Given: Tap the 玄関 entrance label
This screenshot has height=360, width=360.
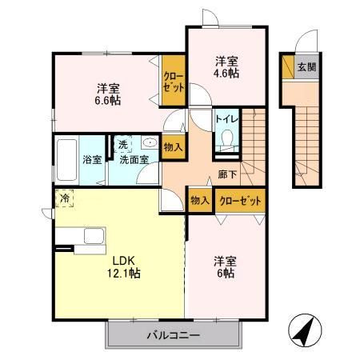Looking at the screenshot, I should pyautogui.click(x=306, y=67).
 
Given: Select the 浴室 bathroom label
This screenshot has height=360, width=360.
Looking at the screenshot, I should pyautogui.click(x=92, y=159).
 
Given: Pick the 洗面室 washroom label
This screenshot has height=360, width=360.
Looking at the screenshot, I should pyautogui.click(x=134, y=159).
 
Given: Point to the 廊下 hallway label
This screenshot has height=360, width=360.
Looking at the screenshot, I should pyautogui.click(x=226, y=173).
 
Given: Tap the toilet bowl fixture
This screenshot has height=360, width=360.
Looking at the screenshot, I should pyautogui.click(x=225, y=141).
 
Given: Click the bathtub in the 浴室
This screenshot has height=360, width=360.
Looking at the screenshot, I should pyautogui.click(x=67, y=159).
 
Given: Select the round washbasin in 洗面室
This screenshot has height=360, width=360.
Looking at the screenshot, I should pyautogui.click(x=149, y=142).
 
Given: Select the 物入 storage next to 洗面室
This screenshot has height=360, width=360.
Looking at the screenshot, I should pyautogui.click(x=173, y=146).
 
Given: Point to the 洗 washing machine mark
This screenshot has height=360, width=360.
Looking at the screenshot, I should pyautogui.click(x=123, y=145).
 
